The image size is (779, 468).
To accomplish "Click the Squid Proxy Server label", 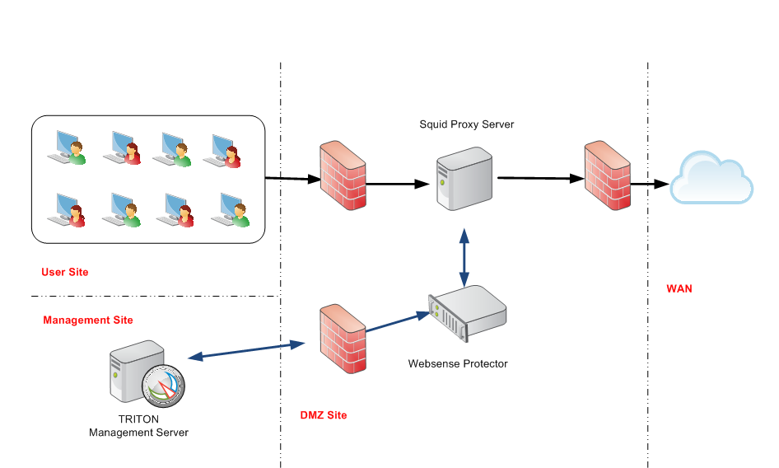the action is click(467, 124).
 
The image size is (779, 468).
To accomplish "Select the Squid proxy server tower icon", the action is click(464, 179).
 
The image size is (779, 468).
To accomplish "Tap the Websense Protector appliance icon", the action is click(467, 313).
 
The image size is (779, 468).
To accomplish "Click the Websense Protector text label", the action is click(458, 363).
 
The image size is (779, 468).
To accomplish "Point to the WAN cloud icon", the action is click(711, 177).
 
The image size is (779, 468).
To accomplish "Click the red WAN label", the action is click(679, 288).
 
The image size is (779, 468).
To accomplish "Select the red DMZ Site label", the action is click(324, 415).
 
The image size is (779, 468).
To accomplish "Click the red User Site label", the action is click(64, 272).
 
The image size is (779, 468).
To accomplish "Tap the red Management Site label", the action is click(88, 320).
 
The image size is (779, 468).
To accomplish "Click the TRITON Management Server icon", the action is click(147, 373).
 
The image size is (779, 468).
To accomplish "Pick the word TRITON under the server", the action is click(138, 419).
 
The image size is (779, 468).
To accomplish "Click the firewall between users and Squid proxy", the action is click(343, 175).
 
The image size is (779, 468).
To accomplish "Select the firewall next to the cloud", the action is click(607, 175).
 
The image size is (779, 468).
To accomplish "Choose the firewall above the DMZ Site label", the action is click(343, 339).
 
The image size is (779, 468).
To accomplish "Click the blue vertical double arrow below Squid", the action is click(464, 258).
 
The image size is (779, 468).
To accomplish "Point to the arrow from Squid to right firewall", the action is click(541, 177).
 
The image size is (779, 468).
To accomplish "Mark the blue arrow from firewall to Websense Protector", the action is click(398, 321).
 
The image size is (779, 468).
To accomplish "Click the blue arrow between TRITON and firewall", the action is click(246, 350).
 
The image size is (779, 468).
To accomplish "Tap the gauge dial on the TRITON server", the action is click(163, 386).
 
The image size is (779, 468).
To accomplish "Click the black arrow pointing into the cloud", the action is click(650, 184).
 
